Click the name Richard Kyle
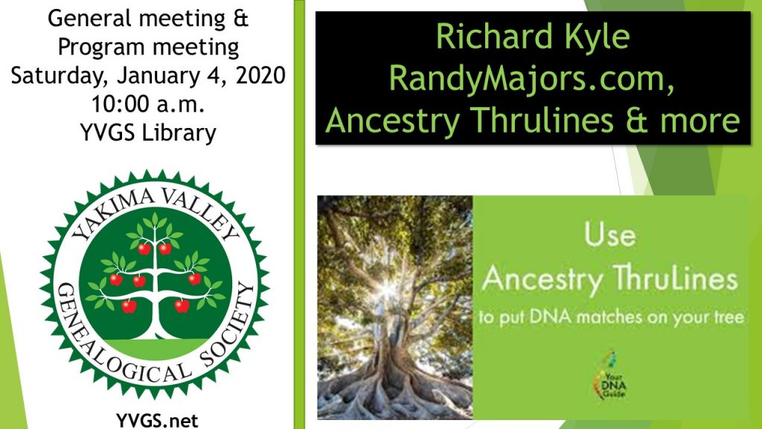533,36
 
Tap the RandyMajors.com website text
531,77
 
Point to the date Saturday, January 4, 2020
148,76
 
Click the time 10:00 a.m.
148,104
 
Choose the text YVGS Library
148,133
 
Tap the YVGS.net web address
157,420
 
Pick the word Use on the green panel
610,235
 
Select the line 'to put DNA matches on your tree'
611,317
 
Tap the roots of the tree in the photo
394,389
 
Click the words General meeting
137,19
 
